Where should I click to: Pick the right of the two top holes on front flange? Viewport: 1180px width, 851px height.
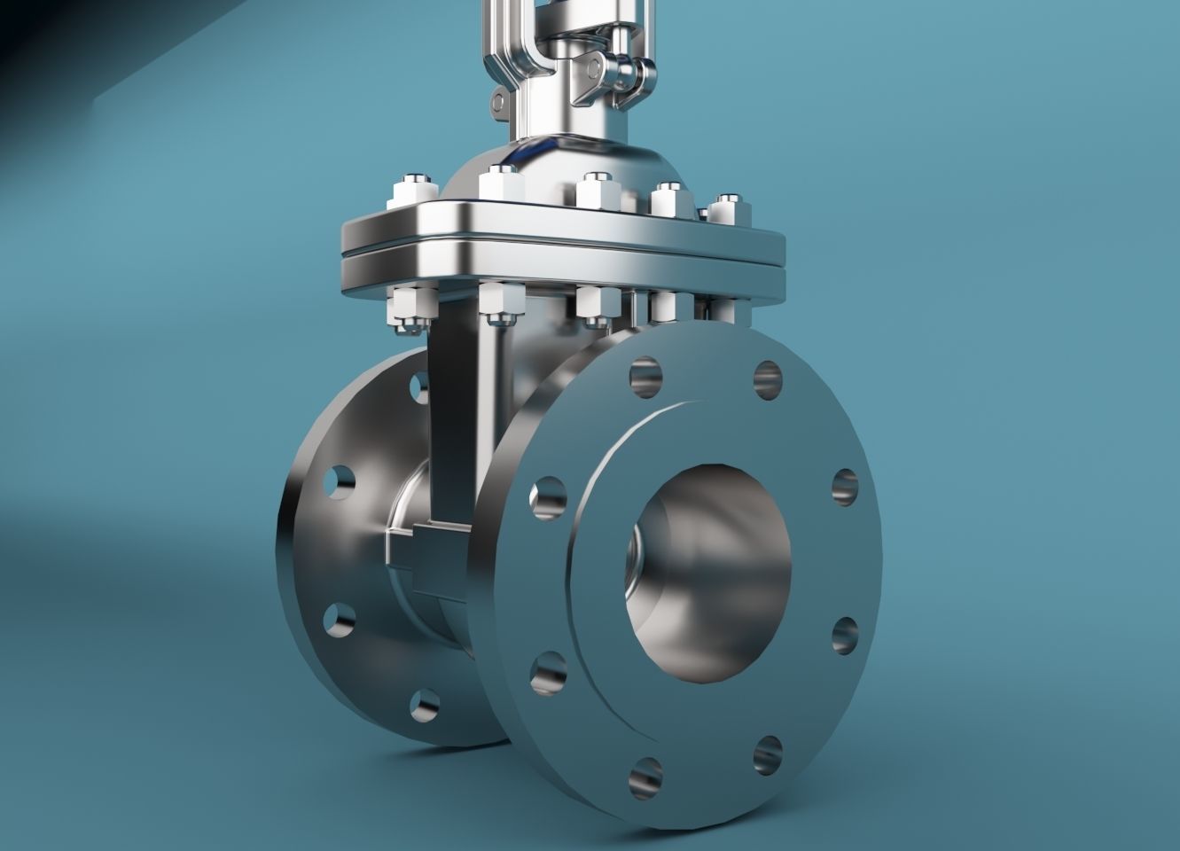click(768, 379)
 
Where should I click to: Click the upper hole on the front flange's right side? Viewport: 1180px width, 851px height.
click(846, 487)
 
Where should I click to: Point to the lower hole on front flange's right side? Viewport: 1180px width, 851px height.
click(846, 636)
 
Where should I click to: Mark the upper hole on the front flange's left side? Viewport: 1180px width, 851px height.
click(549, 496)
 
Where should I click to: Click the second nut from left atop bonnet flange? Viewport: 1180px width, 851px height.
click(501, 185)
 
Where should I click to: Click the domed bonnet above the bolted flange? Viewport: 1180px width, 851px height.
click(567, 164)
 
